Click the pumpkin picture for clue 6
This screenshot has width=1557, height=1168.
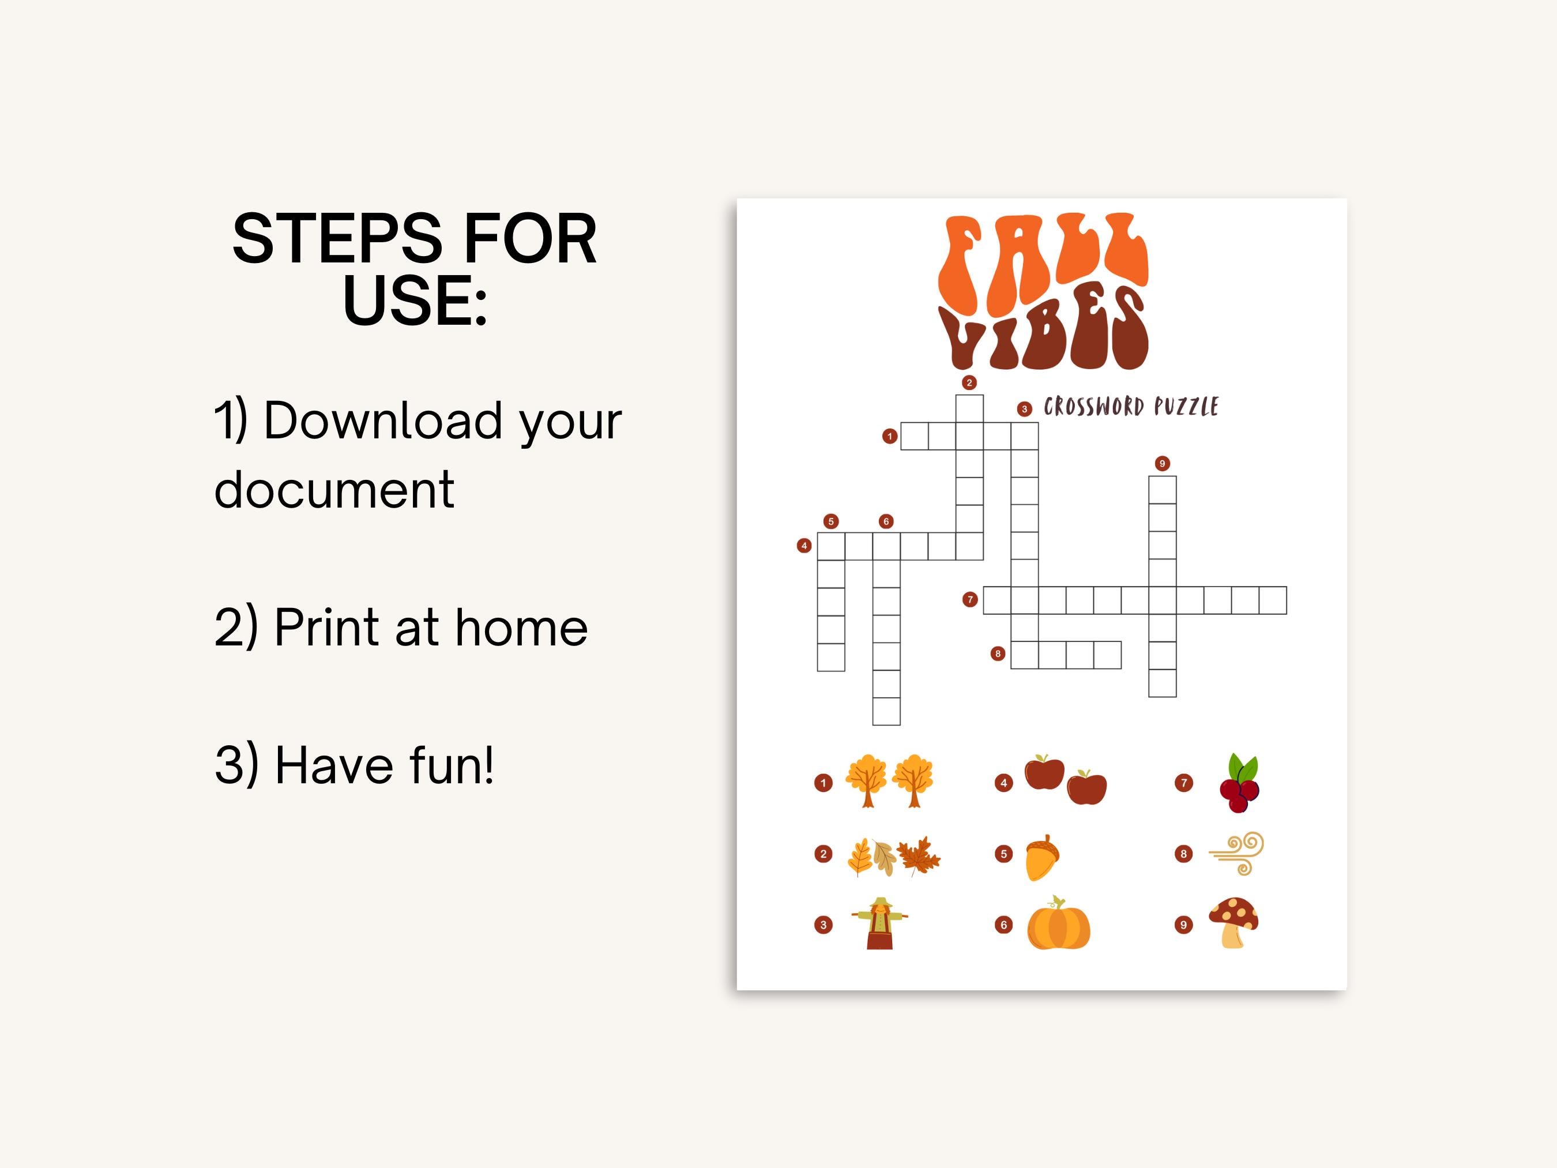click(x=1058, y=925)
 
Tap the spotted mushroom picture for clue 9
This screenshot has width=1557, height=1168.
click(x=1234, y=922)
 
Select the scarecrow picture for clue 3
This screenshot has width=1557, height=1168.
click(x=879, y=923)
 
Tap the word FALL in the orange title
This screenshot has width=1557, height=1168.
click(x=1044, y=264)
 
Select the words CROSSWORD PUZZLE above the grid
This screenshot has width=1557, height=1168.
click(x=1130, y=407)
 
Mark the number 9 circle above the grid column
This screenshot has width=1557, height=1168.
click(x=1162, y=463)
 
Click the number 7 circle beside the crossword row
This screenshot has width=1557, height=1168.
click(x=970, y=599)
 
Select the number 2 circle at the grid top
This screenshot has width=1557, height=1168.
click(x=969, y=382)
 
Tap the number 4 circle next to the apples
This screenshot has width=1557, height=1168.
click(x=1004, y=783)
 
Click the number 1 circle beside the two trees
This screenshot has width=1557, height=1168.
click(x=823, y=783)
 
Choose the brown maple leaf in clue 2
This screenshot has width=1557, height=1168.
click(x=919, y=855)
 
